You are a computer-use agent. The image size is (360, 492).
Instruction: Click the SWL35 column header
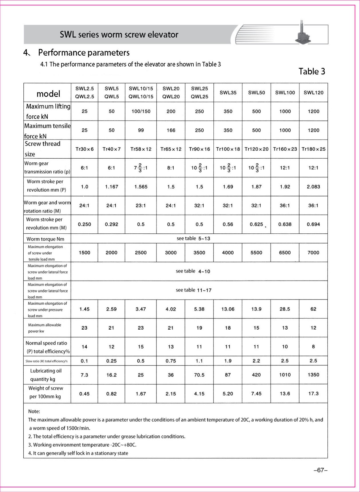click(x=228, y=93)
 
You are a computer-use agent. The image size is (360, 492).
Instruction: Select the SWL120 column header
click(x=313, y=93)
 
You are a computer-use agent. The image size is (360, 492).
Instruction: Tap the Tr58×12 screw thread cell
click(x=141, y=149)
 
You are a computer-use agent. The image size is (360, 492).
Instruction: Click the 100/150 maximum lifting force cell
click(x=141, y=111)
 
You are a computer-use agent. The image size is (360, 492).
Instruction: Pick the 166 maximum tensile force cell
click(x=171, y=130)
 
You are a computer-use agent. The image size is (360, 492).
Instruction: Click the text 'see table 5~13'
click(x=193, y=239)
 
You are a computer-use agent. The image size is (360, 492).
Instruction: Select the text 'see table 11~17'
click(x=193, y=290)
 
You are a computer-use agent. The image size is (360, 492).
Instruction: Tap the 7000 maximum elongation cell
click(x=313, y=253)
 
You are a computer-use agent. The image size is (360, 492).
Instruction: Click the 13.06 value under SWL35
click(x=228, y=309)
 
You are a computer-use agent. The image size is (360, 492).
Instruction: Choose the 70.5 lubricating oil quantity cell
click(x=199, y=375)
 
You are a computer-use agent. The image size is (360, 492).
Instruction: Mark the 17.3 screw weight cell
click(x=313, y=394)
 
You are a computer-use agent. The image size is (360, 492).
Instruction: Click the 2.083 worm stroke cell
click(x=313, y=187)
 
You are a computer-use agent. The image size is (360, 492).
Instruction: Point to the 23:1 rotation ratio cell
click(x=141, y=206)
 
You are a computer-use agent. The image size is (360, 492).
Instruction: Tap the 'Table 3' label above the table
click(x=312, y=71)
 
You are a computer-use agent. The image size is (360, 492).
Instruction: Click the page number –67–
click(x=320, y=470)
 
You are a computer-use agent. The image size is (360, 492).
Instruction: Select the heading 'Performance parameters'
click(x=84, y=53)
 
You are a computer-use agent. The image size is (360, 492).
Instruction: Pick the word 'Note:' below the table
click(x=34, y=411)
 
